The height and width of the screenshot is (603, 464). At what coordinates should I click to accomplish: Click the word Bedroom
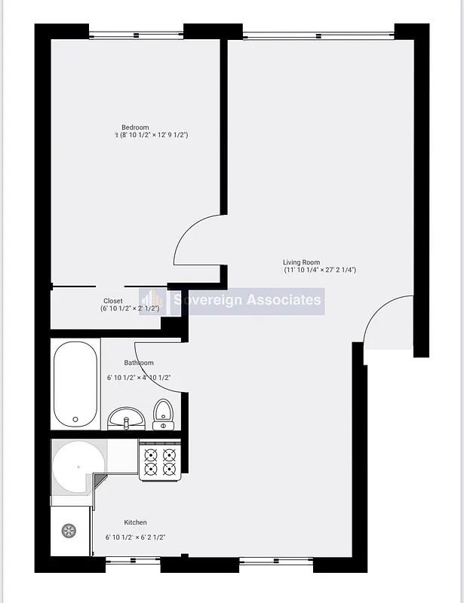click(136, 127)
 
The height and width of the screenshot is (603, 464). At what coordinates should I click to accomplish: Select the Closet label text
click(113, 301)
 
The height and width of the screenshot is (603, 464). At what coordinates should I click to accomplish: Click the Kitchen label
click(136, 522)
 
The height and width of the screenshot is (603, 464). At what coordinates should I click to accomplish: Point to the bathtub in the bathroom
click(75, 384)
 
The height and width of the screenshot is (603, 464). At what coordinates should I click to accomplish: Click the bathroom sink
click(126, 418)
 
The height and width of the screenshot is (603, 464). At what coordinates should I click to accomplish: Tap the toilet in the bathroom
click(164, 415)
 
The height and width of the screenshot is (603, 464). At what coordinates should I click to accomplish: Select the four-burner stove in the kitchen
click(160, 461)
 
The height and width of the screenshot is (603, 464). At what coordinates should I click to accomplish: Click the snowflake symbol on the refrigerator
click(68, 531)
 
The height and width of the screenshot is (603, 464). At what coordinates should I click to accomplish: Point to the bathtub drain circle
click(75, 420)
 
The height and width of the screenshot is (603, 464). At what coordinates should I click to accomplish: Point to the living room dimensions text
click(320, 270)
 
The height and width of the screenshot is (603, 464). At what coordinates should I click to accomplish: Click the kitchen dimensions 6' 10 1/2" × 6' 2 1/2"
click(136, 537)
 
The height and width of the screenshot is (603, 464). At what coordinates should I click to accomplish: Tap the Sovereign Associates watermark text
click(247, 300)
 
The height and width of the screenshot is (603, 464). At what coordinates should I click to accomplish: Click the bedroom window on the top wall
click(136, 34)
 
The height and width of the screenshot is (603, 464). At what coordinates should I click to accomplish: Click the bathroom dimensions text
click(139, 378)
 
